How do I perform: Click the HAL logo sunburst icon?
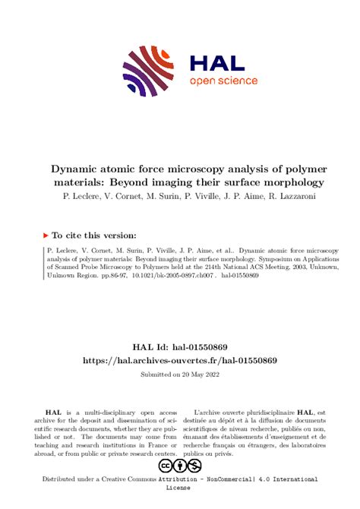145,71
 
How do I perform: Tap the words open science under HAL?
223,81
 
